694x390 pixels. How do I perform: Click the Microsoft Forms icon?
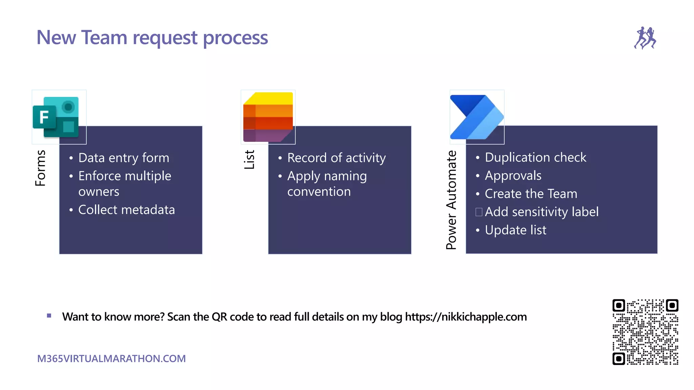point(56,117)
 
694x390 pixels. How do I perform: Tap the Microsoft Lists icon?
point(268,117)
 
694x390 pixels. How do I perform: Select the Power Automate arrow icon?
point(476,117)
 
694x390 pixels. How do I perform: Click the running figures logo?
point(645,38)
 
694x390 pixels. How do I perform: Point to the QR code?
point(645,332)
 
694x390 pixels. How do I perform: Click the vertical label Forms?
point(40,168)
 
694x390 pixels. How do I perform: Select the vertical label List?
point(249,159)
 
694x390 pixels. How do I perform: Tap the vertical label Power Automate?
point(451,200)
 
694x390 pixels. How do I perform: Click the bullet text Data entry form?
point(124,158)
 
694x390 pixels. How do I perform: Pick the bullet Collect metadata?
point(126,210)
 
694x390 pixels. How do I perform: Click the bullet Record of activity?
point(336,158)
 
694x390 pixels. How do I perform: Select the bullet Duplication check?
point(535,157)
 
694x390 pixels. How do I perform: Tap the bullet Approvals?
point(513,176)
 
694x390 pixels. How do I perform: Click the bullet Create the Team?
point(531,194)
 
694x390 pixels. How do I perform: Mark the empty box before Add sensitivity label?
point(479,212)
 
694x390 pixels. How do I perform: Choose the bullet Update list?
point(515,230)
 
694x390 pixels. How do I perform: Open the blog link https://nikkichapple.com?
point(466,317)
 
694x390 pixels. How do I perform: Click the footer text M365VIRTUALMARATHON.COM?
point(111,359)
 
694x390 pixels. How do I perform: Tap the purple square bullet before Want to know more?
point(49,316)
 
